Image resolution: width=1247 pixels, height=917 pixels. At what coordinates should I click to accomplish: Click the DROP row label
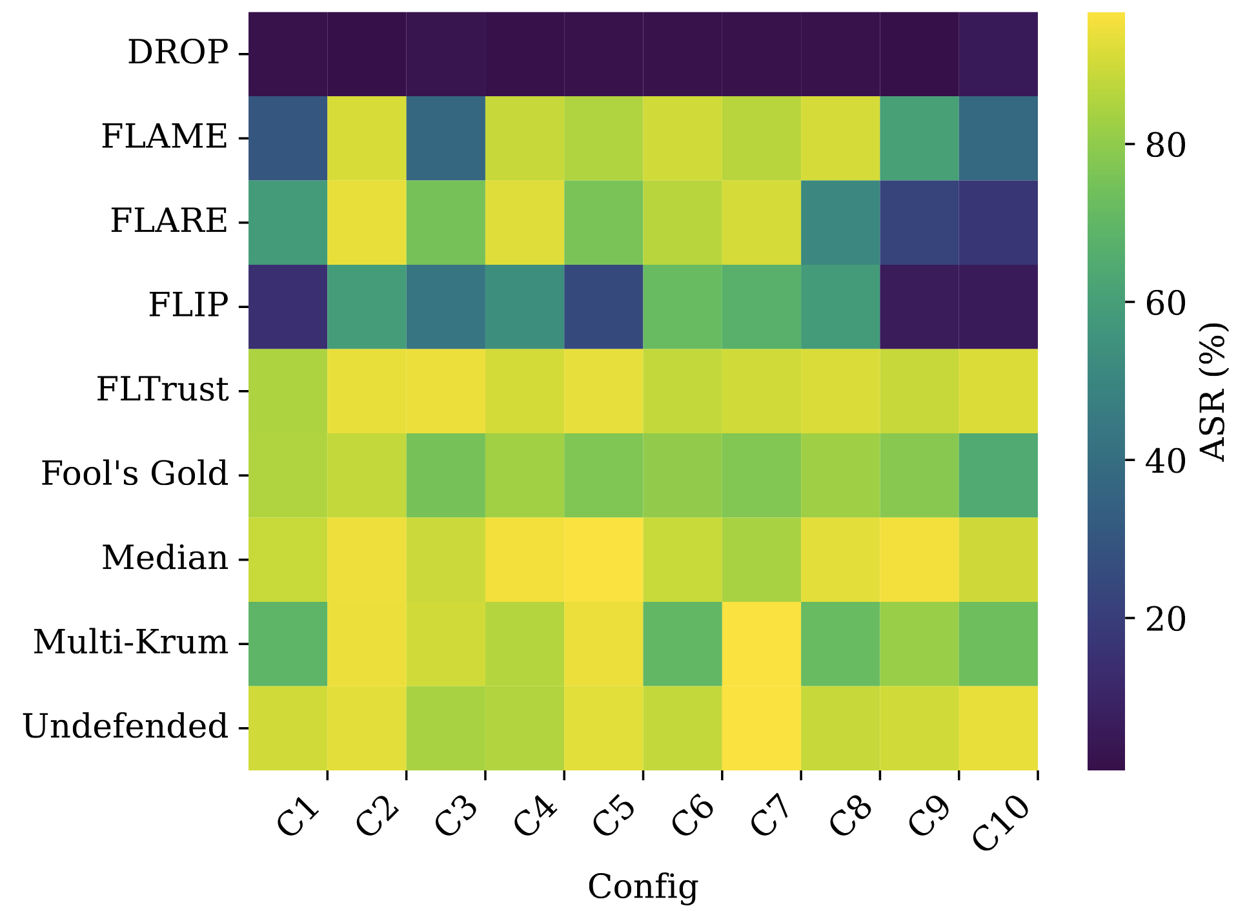[x=178, y=53]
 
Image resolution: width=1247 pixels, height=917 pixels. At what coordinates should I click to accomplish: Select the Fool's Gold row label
[x=135, y=474]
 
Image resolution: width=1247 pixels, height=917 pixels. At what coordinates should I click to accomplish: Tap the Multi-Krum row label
[x=131, y=643]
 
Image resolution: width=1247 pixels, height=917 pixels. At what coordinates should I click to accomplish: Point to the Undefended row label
[x=126, y=726]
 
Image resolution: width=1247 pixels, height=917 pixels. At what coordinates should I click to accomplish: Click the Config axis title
[x=643, y=887]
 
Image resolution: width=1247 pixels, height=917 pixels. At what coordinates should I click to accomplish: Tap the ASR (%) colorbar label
[x=1213, y=391]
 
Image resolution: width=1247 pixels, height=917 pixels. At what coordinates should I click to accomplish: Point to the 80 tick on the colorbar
[x=1166, y=146]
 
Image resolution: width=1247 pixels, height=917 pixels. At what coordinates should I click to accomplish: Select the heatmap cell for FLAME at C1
[x=288, y=138]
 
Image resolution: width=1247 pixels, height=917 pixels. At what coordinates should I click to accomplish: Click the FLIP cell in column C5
[x=603, y=307]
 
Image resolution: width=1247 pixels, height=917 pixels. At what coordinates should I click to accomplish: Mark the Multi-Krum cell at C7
[x=762, y=644]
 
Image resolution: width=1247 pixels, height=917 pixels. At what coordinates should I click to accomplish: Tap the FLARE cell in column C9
[x=919, y=223]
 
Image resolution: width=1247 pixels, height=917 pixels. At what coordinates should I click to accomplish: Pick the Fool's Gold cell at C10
[x=999, y=475]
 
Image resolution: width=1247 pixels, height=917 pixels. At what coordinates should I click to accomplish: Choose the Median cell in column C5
[x=603, y=560]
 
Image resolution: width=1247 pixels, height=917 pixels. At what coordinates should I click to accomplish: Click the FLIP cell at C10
[x=999, y=307]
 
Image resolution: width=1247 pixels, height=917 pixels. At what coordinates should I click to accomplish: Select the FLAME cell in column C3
[x=445, y=138]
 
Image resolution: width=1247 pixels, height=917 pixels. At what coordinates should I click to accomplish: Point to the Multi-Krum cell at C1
[x=288, y=644]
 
